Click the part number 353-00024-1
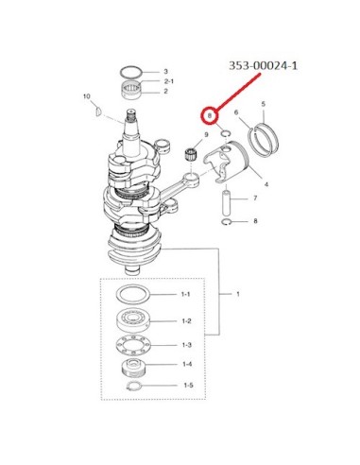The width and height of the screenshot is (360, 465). click(263, 66)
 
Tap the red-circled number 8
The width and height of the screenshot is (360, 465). click(210, 115)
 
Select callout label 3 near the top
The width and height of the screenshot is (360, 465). click(166, 72)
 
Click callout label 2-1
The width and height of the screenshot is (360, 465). click(169, 81)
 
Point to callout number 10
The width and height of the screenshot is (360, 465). click(87, 96)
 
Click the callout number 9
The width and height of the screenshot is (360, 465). click(206, 134)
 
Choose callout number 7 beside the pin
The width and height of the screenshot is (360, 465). click(255, 198)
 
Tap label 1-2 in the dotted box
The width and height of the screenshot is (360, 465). click(186, 321)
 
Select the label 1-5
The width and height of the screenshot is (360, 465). click(188, 385)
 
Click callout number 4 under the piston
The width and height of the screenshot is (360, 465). click(266, 184)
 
